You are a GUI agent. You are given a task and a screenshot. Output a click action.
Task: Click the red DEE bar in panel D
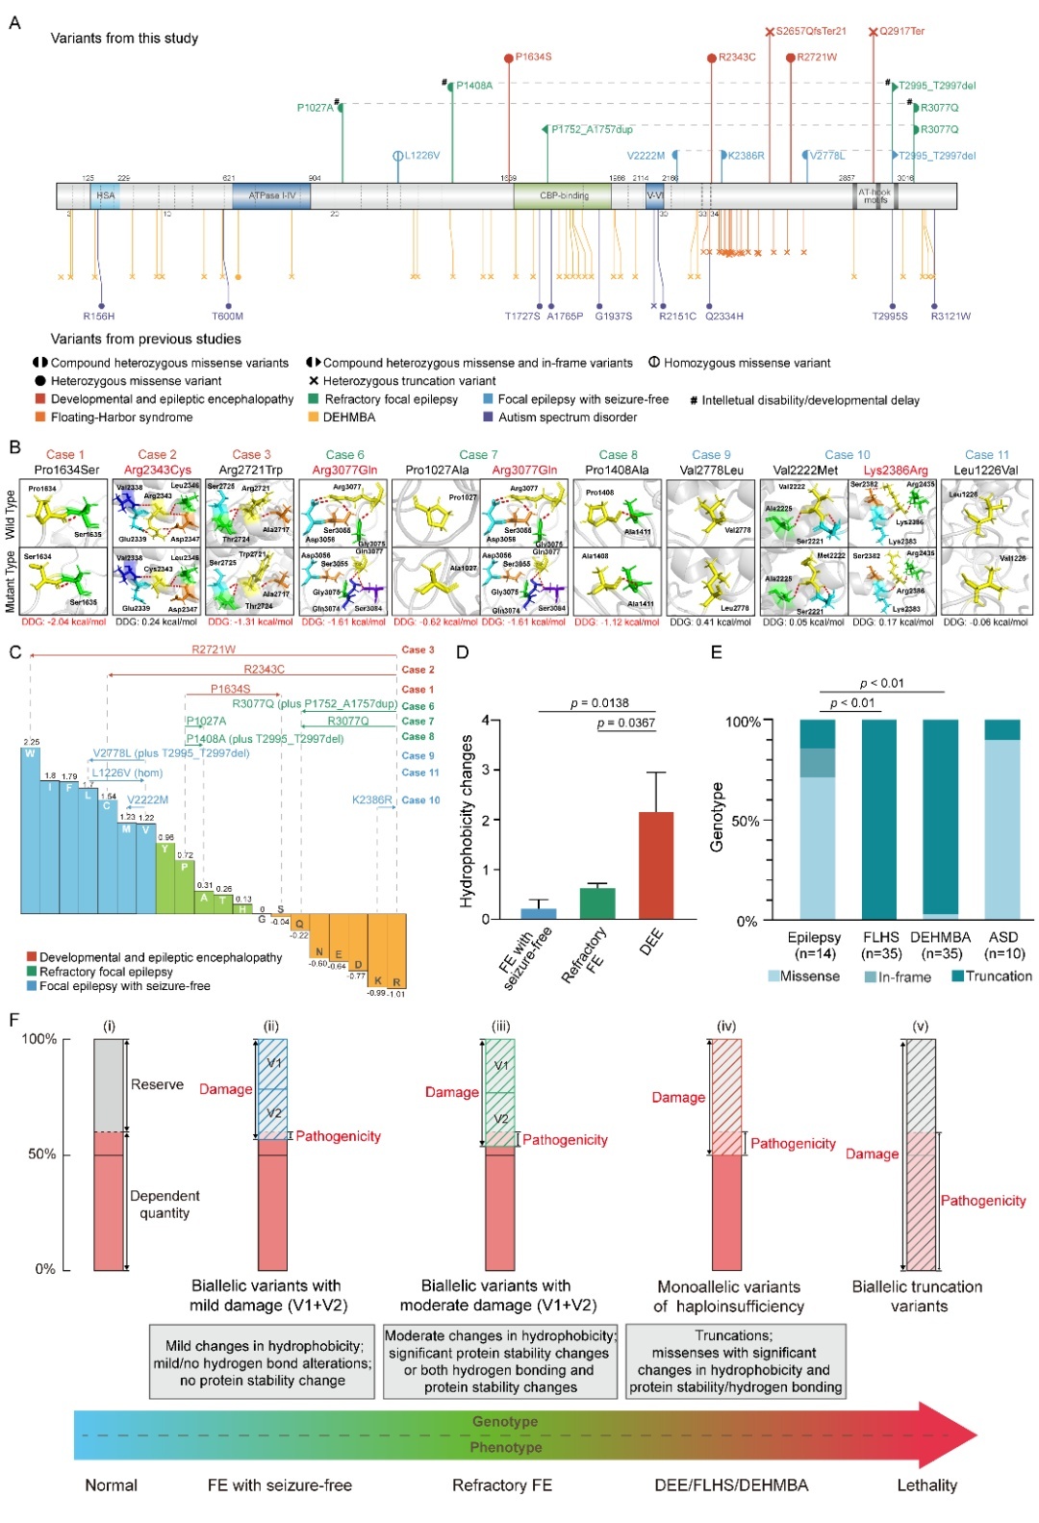pyautogui.click(x=656, y=866)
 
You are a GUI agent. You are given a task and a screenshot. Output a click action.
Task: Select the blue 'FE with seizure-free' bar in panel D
pyautogui.click(x=539, y=913)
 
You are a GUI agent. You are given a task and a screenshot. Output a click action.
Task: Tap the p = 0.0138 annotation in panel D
pyautogui.click(x=599, y=703)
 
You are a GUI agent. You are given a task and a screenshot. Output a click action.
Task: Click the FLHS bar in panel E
pyautogui.click(x=880, y=820)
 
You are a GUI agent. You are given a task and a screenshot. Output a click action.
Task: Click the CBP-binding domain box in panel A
pyautogui.click(x=564, y=196)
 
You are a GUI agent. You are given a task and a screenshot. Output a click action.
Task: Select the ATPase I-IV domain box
pyautogui.click(x=271, y=196)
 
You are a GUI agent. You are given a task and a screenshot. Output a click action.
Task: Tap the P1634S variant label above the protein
pyautogui.click(x=533, y=57)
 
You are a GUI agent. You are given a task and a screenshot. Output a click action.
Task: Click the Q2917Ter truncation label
pyautogui.click(x=901, y=32)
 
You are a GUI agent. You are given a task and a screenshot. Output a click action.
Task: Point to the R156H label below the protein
pyautogui.click(x=99, y=316)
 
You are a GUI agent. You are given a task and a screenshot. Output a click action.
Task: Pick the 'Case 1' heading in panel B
pyautogui.click(x=65, y=454)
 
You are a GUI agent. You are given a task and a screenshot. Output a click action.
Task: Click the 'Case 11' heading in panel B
pyautogui.click(x=987, y=454)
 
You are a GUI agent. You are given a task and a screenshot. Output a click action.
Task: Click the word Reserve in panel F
pyautogui.click(x=157, y=1084)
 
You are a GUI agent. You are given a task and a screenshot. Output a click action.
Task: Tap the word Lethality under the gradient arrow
pyautogui.click(x=926, y=1485)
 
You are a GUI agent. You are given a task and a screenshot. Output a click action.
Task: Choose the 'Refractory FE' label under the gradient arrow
pyautogui.click(x=502, y=1485)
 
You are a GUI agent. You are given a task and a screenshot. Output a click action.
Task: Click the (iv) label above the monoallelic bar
pyautogui.click(x=726, y=1027)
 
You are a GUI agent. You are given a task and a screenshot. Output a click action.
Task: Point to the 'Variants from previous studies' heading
pyautogui.click(x=146, y=339)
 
